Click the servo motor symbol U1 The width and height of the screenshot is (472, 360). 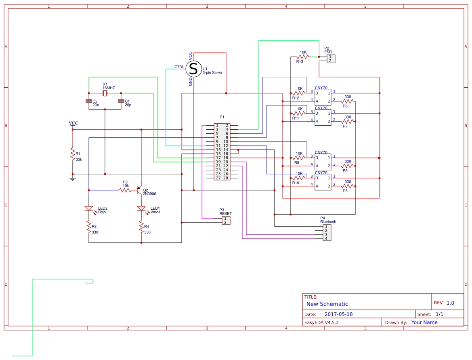coord(193,69)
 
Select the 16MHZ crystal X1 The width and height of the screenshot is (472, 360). coord(105,93)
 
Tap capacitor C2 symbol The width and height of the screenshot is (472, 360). coord(89,101)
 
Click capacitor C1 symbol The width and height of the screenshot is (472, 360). coord(121,101)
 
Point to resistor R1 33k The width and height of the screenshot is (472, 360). coord(73,154)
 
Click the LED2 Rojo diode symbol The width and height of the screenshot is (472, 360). coord(89,208)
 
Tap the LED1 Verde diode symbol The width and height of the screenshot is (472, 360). coord(141,208)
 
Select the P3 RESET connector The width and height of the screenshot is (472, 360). coord(226,220)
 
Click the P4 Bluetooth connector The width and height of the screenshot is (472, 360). coord(327,233)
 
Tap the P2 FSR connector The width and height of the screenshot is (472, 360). coord(331,59)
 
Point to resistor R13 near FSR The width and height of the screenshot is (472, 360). coord(303,57)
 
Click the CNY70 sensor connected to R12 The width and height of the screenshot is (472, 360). coord(323,97)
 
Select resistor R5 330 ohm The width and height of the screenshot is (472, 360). coord(348,186)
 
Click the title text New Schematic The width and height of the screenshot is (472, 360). coord(327,304)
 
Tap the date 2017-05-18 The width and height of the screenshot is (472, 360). coord(338,314)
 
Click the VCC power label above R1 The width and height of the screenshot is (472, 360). coord(73,124)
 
